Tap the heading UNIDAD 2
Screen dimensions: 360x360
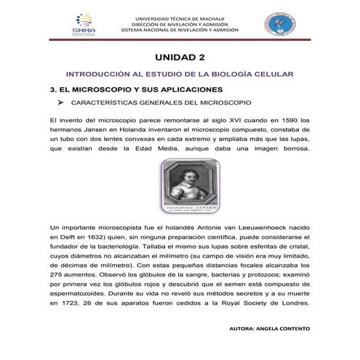(x=180, y=57)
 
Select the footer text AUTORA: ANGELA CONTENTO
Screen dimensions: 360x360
(x=269, y=328)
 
